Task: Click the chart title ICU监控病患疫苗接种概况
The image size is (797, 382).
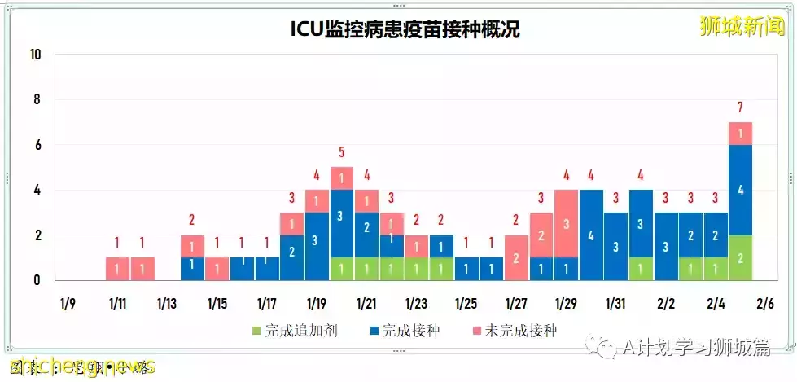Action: (x=405, y=29)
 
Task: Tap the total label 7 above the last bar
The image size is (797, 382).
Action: (x=740, y=107)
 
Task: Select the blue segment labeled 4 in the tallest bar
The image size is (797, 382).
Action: (x=740, y=190)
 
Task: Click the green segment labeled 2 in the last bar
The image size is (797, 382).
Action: (x=740, y=257)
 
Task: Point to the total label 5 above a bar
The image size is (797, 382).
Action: (x=342, y=151)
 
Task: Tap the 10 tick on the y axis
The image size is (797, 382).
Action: (x=35, y=55)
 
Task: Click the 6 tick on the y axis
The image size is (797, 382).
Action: (x=37, y=145)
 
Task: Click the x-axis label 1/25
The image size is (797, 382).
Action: (x=466, y=304)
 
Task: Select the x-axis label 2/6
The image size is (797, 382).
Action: (x=765, y=304)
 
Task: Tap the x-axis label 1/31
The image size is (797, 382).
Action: (x=616, y=304)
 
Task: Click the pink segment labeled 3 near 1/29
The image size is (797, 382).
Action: (x=566, y=224)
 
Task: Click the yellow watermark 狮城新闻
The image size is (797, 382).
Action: (x=742, y=26)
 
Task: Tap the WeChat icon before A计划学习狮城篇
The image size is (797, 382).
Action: (x=606, y=349)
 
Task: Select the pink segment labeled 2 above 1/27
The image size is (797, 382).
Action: (x=516, y=257)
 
